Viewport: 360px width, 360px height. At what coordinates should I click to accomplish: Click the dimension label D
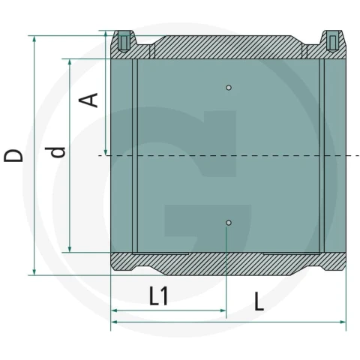pos(13,155)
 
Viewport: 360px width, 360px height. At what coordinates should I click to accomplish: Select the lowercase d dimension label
pos(55,152)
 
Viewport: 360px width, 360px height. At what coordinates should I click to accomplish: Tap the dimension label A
pos(88,100)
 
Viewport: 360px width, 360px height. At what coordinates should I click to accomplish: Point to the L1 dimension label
pos(158,295)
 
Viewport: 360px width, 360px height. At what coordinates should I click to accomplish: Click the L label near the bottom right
pos(259,301)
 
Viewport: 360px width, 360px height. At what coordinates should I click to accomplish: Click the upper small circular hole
pos(229,88)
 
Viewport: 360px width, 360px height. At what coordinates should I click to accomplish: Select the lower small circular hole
pos(229,223)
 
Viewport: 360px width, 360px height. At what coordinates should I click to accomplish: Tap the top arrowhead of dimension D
pos(34,39)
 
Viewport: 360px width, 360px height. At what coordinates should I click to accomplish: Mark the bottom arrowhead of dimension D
pos(34,272)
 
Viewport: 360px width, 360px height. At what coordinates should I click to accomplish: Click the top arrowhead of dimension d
pos(70,62)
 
